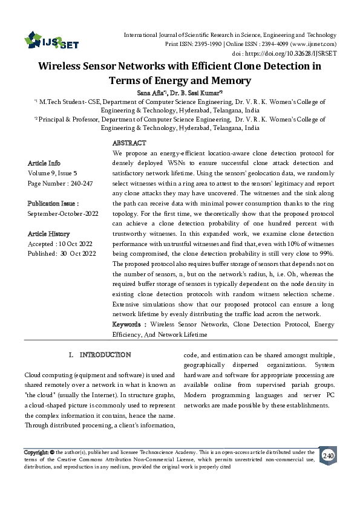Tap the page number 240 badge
pos(329,455)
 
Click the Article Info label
pos(44,163)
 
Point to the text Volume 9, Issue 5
pos(54,173)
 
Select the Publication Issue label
pos(53,204)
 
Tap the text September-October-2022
pos(62,214)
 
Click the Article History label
pos(49,233)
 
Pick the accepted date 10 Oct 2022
pos(76,244)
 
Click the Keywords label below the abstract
pos(128,325)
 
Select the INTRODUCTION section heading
pos(105,354)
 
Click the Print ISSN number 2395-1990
pos(205,45)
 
